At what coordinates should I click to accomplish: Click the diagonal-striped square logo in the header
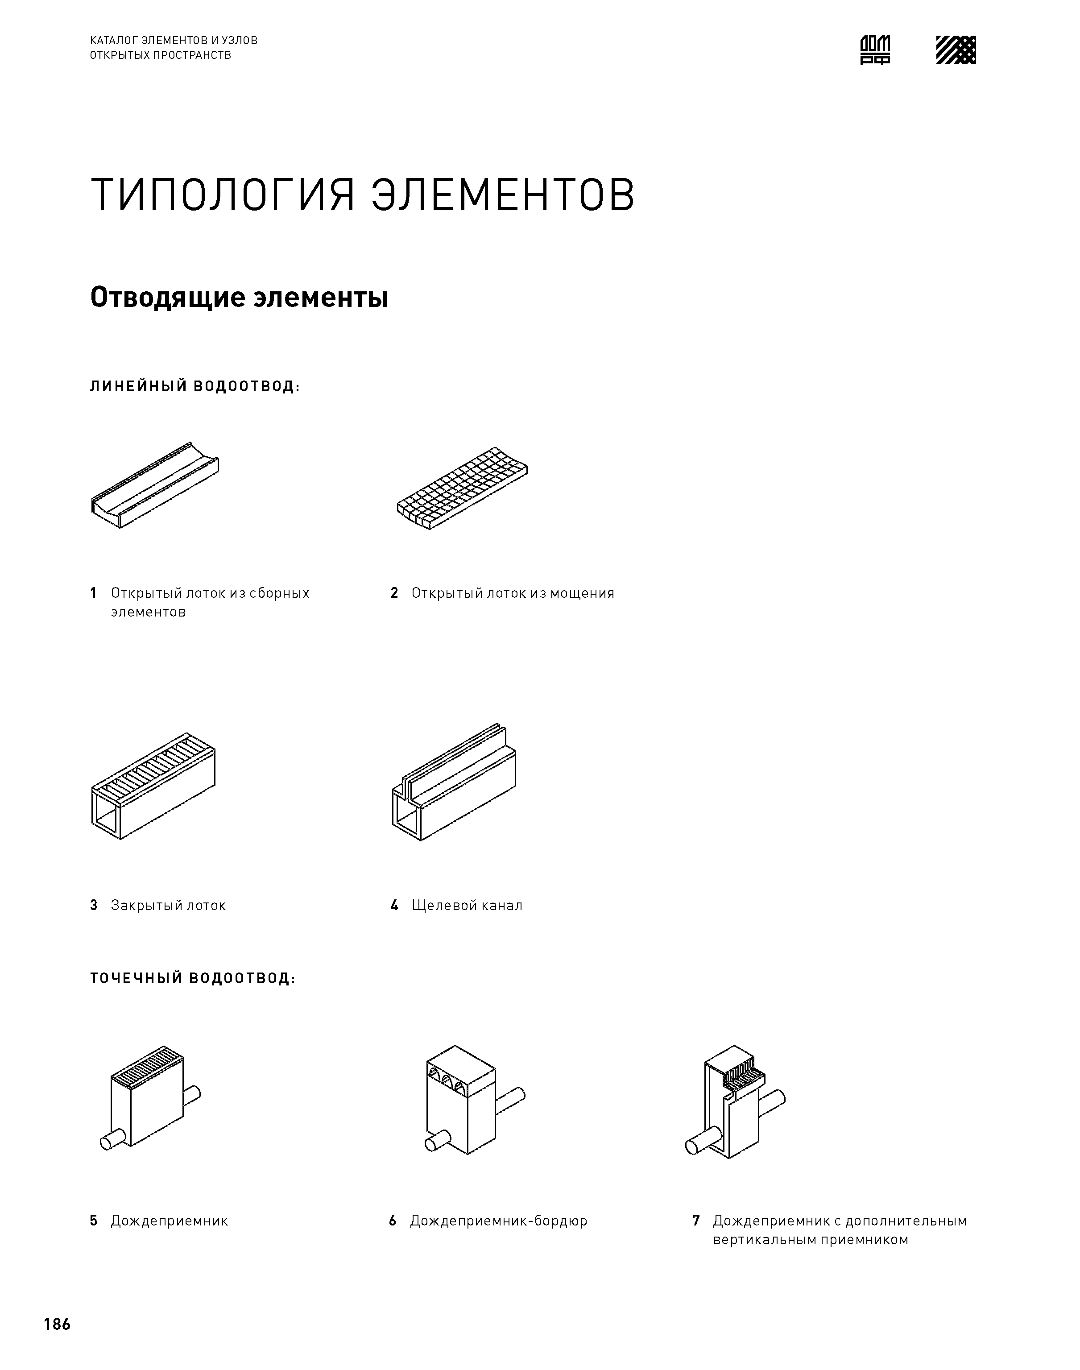(956, 50)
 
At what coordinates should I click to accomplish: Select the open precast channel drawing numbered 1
(155, 485)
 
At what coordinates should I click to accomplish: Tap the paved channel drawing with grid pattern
(462, 488)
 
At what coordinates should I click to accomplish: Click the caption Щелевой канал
(467, 905)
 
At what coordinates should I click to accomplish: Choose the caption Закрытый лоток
(168, 905)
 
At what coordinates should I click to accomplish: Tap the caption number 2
(394, 593)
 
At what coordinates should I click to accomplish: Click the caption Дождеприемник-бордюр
(498, 1221)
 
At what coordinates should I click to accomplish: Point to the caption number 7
(695, 1221)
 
